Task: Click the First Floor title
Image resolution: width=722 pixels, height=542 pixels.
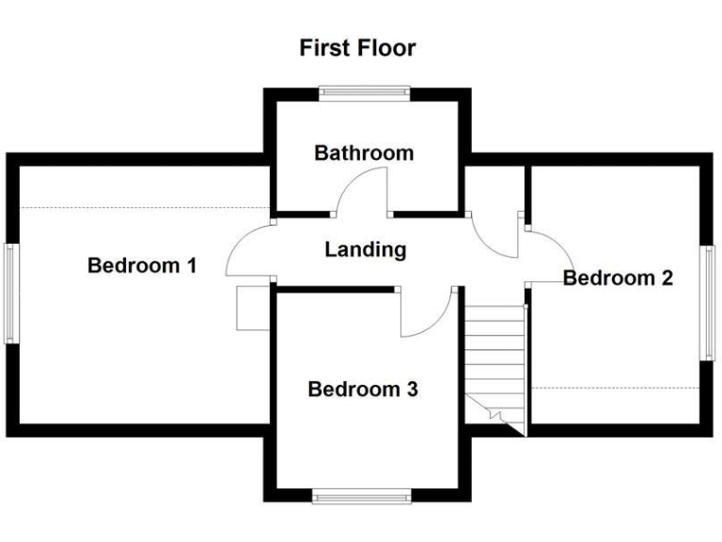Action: click(357, 48)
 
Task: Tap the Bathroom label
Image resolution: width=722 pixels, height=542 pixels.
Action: click(364, 152)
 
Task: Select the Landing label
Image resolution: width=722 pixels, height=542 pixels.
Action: click(366, 250)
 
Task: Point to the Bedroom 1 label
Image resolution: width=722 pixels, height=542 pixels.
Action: click(142, 266)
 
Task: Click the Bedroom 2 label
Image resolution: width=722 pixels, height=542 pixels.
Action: click(618, 279)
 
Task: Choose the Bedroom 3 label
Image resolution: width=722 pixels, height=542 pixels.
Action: click(363, 389)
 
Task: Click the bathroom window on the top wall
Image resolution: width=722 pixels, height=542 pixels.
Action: click(364, 92)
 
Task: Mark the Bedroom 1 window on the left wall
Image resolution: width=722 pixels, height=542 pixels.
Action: click(10, 293)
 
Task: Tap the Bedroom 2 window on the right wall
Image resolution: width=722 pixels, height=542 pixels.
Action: click(706, 303)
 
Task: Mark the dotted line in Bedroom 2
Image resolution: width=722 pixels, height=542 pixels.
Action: click(616, 388)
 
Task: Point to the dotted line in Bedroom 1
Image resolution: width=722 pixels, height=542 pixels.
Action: click(141, 208)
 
